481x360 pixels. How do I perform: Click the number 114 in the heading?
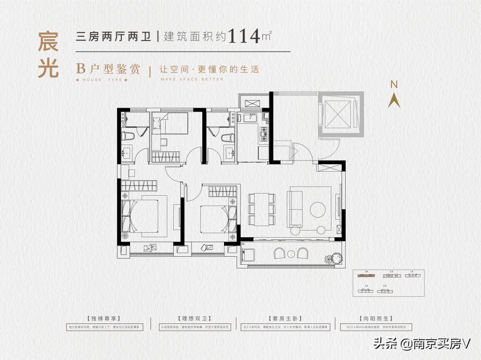point(244,36)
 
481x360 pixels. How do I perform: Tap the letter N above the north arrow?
point(394,84)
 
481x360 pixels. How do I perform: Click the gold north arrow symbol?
point(394,101)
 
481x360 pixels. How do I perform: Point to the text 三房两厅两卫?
point(114,36)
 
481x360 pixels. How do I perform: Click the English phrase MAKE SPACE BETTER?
point(192,80)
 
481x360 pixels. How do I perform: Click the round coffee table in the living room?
point(318,210)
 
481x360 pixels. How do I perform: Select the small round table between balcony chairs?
point(291,254)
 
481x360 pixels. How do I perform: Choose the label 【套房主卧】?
point(285,319)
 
